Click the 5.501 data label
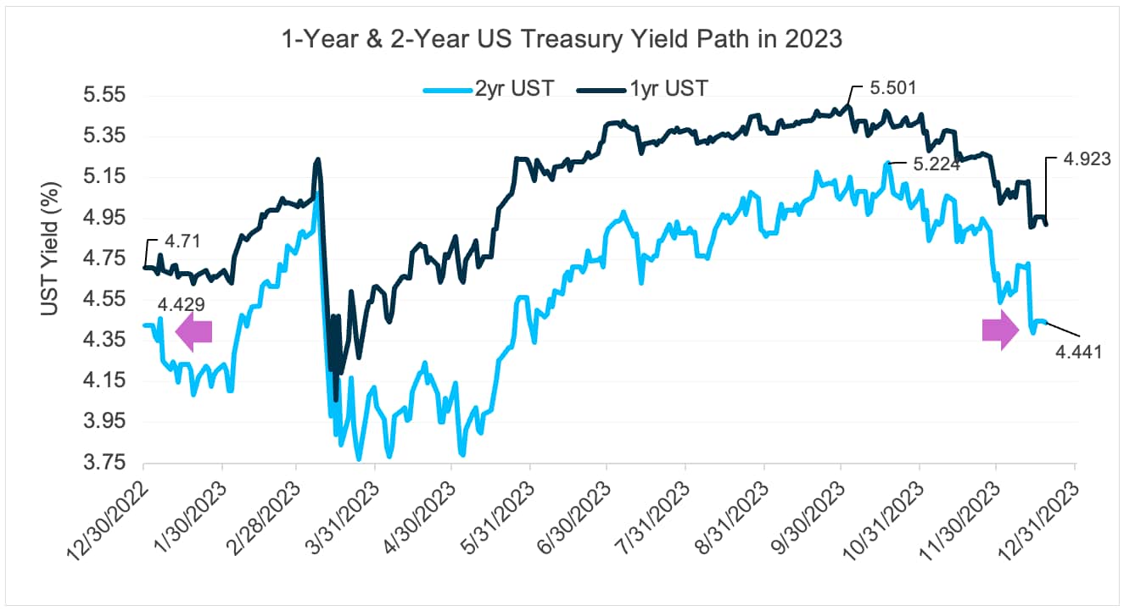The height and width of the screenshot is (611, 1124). [892, 87]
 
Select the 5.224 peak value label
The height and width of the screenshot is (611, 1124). [937, 164]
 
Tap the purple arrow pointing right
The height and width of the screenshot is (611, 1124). [999, 330]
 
